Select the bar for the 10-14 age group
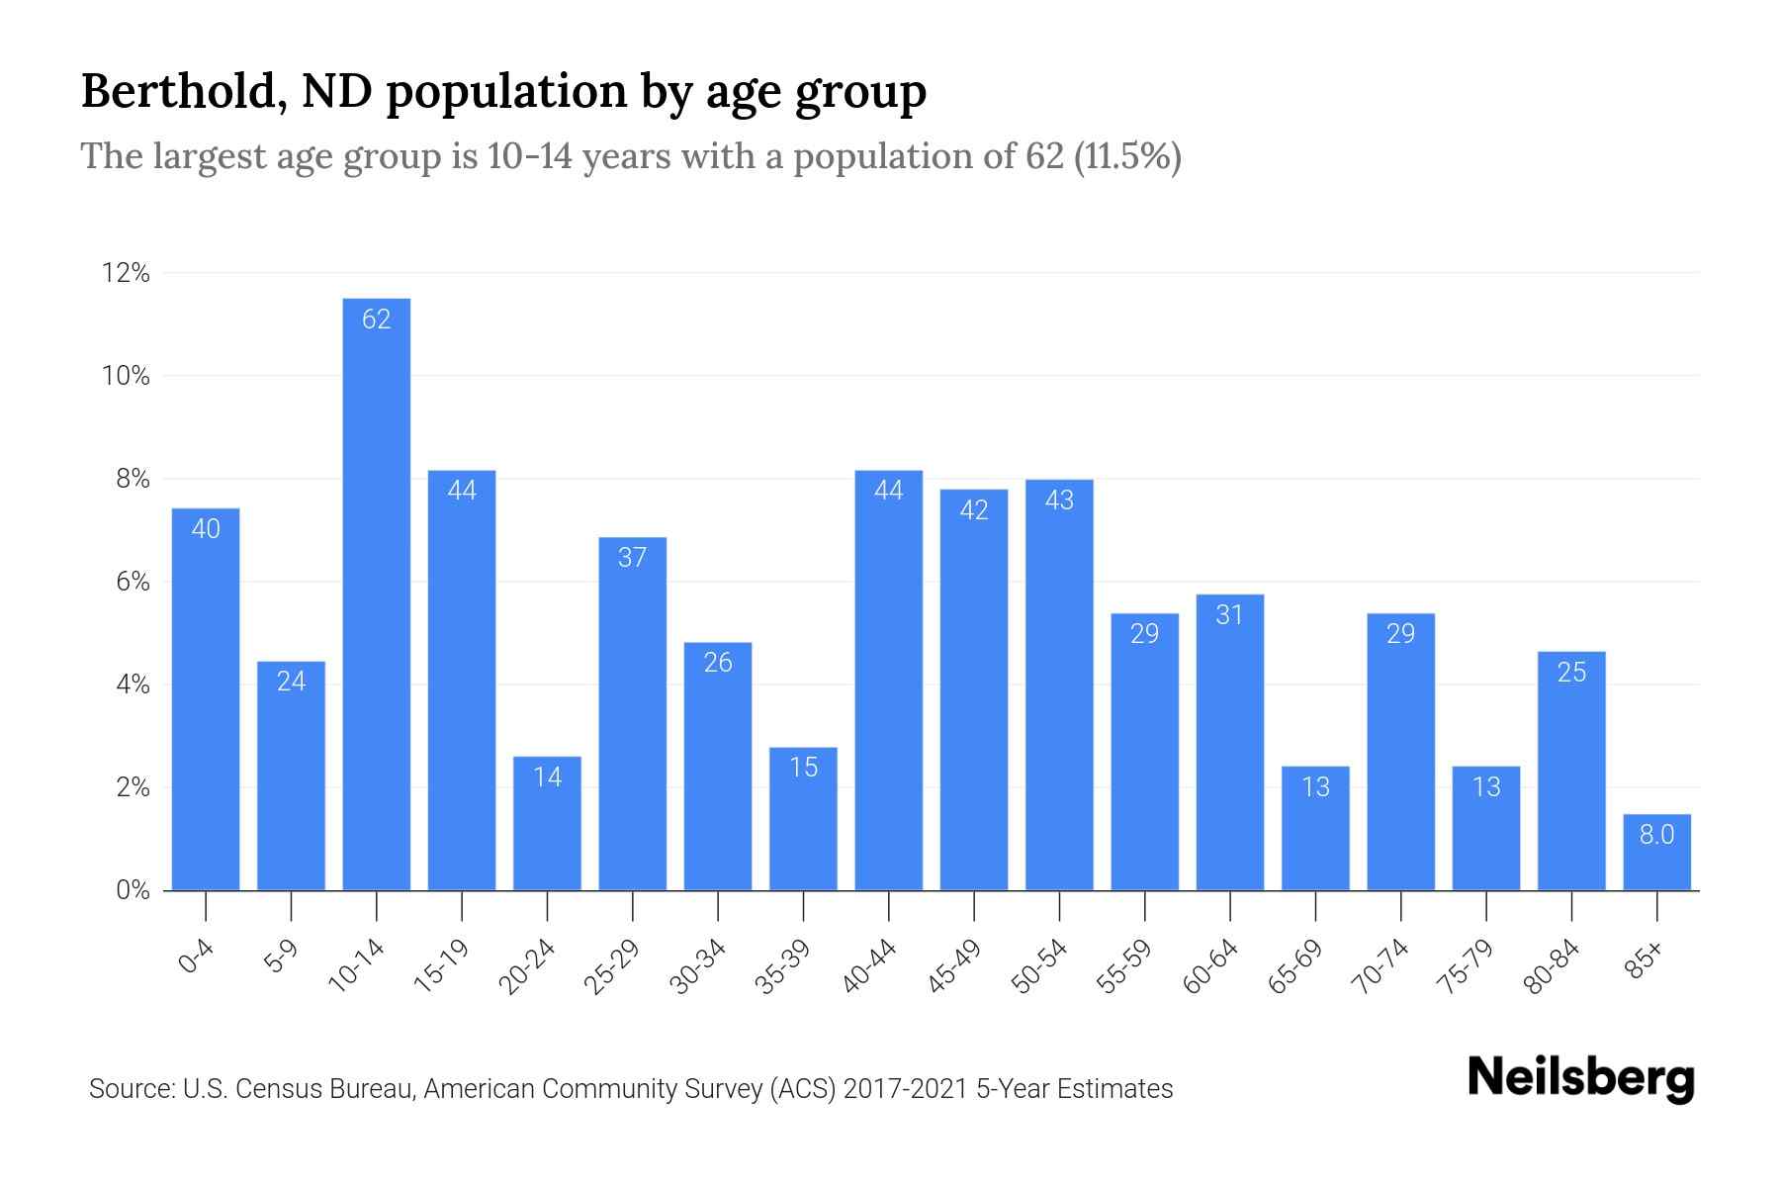[x=376, y=593]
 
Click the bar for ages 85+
[x=1656, y=853]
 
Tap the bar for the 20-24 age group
[x=547, y=823]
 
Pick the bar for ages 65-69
[x=1315, y=828]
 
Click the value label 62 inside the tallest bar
[x=376, y=319]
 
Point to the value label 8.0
[x=1656, y=835]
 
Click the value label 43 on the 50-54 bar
[x=1059, y=501]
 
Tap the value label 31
[x=1229, y=615]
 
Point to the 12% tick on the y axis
[x=126, y=273]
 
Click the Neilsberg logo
[x=1580, y=1078]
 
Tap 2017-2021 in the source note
[x=906, y=1089]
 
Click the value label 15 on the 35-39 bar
[x=804, y=768]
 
